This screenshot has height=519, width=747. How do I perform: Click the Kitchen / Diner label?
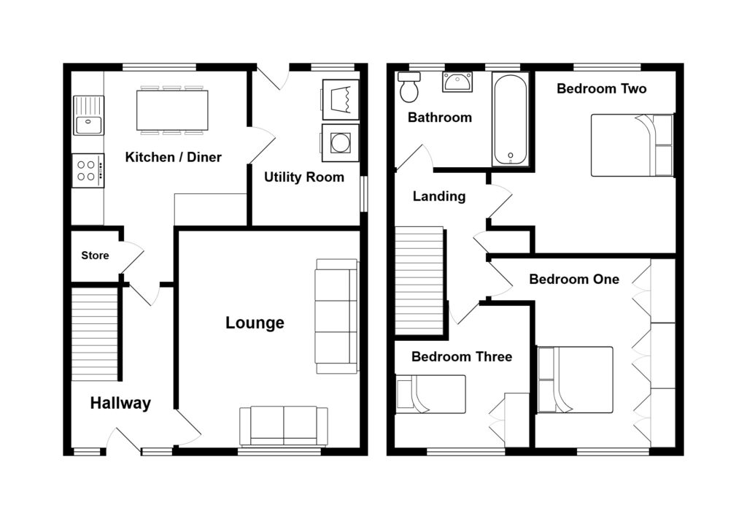[x=173, y=157]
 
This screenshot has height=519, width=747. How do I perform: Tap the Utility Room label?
[x=303, y=177]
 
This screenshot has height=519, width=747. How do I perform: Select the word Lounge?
[x=255, y=323]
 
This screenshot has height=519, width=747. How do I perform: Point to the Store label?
[x=95, y=255]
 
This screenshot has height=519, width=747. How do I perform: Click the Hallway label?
[x=120, y=403]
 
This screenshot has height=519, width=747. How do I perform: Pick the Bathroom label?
[x=439, y=117]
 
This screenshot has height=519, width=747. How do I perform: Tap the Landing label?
[x=438, y=196]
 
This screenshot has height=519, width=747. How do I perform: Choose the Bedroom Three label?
[x=461, y=356]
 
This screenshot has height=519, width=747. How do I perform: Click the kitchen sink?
[x=88, y=116]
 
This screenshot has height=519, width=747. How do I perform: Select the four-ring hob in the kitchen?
[x=88, y=170]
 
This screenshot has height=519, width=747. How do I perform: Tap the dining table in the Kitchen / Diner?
[x=172, y=110]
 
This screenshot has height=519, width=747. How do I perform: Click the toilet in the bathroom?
[x=409, y=88]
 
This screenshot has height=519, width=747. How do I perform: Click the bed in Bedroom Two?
[x=632, y=145]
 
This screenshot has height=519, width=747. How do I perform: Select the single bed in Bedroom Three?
[x=430, y=394]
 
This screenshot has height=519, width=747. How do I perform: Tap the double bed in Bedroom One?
[x=575, y=380]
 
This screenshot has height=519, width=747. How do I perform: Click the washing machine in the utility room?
[x=340, y=142]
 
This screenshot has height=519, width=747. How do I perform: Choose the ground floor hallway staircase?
[x=95, y=334]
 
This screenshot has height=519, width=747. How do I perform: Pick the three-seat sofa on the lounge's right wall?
[x=336, y=316]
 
